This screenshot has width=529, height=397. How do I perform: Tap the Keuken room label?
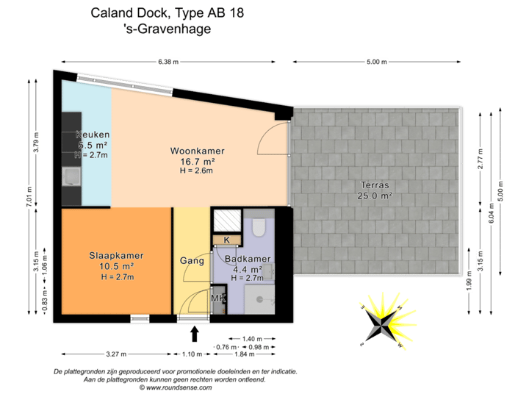click(x=93, y=135)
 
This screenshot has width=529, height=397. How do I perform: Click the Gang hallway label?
click(x=192, y=260)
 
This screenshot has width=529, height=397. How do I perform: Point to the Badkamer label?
click(x=248, y=259)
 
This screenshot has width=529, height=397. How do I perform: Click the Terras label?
click(x=375, y=185)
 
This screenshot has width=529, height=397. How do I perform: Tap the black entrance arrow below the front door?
click(x=195, y=334)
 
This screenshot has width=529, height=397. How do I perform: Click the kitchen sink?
click(x=72, y=175)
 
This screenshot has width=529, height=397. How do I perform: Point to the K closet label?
click(x=226, y=240)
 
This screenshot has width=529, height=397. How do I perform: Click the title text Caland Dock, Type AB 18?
click(x=168, y=12)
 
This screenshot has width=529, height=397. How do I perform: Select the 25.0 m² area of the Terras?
click(x=375, y=196)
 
